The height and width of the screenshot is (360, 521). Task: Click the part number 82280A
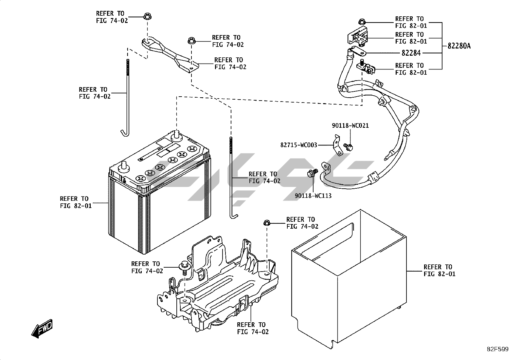(x=459, y=46)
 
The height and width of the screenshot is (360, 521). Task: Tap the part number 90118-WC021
(x=350, y=125)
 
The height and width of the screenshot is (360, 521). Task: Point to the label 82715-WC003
(x=298, y=145)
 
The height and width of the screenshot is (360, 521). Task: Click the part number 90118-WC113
(x=313, y=196)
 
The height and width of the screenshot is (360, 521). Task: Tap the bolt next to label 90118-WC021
(x=348, y=146)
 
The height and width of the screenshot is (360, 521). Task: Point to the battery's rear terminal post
(x=177, y=134)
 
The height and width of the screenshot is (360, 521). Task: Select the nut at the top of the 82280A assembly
(x=361, y=22)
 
